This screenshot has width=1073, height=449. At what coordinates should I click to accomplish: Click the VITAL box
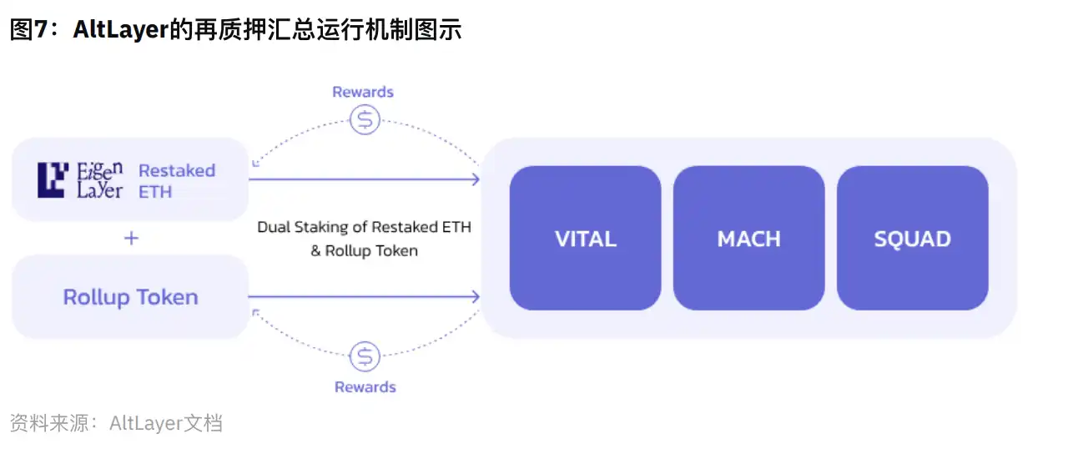click(585, 239)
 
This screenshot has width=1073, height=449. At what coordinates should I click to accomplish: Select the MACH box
click(748, 239)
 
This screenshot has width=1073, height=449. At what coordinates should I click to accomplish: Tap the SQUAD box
click(912, 239)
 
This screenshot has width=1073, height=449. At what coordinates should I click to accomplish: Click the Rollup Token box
click(130, 297)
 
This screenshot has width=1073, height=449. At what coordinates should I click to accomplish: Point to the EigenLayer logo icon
click(52, 180)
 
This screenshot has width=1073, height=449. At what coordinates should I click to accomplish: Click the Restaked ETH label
click(176, 180)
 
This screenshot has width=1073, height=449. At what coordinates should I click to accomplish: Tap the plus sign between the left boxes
click(131, 239)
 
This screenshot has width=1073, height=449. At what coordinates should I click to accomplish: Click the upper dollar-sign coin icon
click(365, 120)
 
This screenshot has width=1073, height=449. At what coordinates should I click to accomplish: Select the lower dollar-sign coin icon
click(365, 356)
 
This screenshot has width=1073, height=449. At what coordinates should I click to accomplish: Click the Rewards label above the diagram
click(363, 92)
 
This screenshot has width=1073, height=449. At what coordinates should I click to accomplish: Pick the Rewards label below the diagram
click(365, 386)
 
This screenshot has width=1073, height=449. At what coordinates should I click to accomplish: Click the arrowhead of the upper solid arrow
click(475, 179)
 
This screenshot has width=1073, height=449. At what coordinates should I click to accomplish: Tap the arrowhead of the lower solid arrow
click(475, 296)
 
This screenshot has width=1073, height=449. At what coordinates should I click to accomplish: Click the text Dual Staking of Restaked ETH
click(364, 227)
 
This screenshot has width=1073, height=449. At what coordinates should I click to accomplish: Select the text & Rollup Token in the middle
click(364, 250)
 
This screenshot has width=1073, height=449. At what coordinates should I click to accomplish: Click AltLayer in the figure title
click(120, 30)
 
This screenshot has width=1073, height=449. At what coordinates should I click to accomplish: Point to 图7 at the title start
click(32, 30)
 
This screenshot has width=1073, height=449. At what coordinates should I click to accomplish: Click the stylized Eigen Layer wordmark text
click(99, 180)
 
